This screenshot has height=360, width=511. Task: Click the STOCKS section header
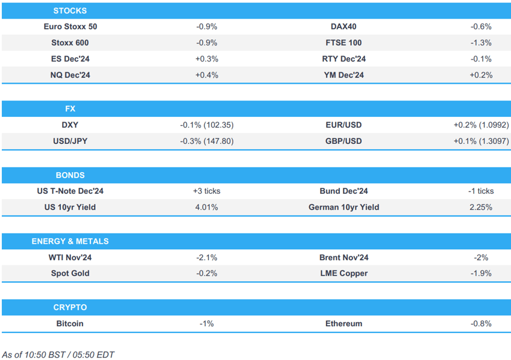[x=70, y=11]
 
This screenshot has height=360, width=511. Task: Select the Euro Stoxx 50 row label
[x=70, y=26]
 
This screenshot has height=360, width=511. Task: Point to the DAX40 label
[x=343, y=26]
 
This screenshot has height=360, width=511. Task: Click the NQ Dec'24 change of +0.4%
[x=207, y=75]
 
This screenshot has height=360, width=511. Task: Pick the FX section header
[x=70, y=109]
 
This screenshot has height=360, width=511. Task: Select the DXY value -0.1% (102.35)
[x=207, y=125]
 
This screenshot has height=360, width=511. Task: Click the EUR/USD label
[x=343, y=125]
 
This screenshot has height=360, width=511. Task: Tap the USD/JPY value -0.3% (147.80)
[x=207, y=141]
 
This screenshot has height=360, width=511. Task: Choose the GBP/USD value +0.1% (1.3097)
[x=481, y=141]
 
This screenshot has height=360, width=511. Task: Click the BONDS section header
[x=70, y=175]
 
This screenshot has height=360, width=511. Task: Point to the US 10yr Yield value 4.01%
[x=207, y=207]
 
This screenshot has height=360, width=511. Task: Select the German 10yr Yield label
[x=343, y=207]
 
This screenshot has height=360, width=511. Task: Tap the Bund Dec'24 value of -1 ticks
[x=481, y=191]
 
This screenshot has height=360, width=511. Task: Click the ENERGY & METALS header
[x=70, y=241]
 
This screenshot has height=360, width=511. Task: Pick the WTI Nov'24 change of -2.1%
[x=207, y=257]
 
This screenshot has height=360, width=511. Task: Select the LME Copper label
[x=343, y=273]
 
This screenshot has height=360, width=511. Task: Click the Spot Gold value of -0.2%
[x=207, y=273]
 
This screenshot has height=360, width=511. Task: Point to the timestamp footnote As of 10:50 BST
[x=58, y=355]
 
